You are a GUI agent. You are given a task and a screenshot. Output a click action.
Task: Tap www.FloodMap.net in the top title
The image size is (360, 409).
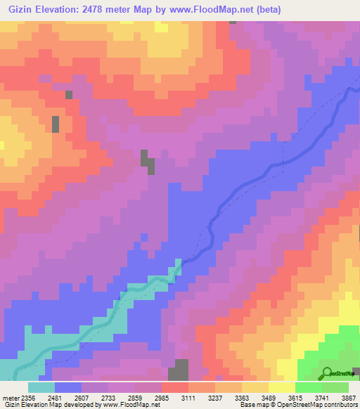(231, 9)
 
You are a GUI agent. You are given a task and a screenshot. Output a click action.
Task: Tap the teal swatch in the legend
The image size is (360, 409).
(41, 387)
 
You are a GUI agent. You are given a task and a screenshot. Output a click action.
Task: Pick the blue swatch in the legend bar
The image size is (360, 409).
(68, 387)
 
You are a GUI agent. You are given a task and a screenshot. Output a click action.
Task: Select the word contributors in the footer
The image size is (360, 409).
(340, 405)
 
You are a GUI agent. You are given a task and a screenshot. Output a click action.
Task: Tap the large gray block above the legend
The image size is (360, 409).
(179, 370)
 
